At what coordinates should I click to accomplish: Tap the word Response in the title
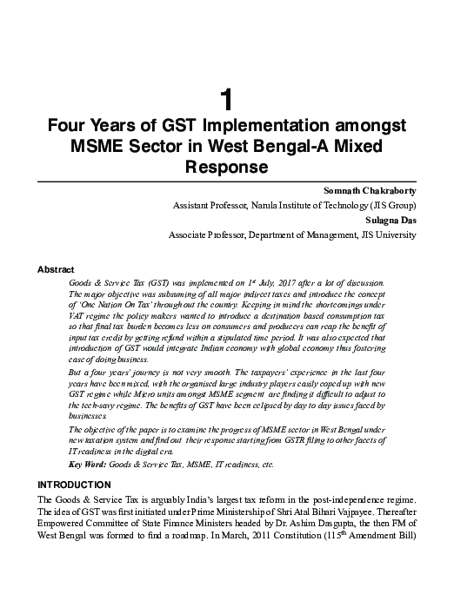(x=226, y=165)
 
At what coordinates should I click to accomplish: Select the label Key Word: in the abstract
(x=88, y=466)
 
